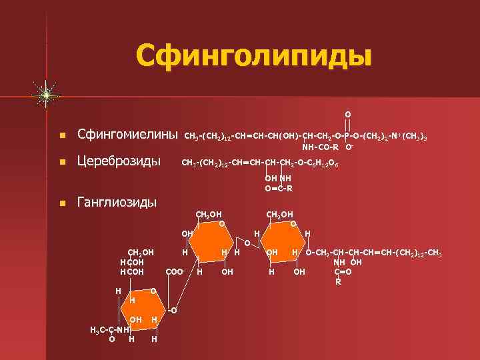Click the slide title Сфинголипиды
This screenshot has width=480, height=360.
click(253, 55)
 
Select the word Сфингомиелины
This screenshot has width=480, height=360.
click(127, 135)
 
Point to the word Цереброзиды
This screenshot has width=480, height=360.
click(119, 161)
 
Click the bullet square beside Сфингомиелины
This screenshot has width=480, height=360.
click(62, 135)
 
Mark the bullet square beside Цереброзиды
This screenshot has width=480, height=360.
click(62, 161)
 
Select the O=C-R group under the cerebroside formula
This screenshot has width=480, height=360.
click(279, 188)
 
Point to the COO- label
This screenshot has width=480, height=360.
click(174, 272)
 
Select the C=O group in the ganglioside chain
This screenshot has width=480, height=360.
click(343, 271)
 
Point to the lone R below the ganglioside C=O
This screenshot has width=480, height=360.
click(338, 281)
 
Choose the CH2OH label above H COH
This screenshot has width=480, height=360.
click(141, 252)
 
